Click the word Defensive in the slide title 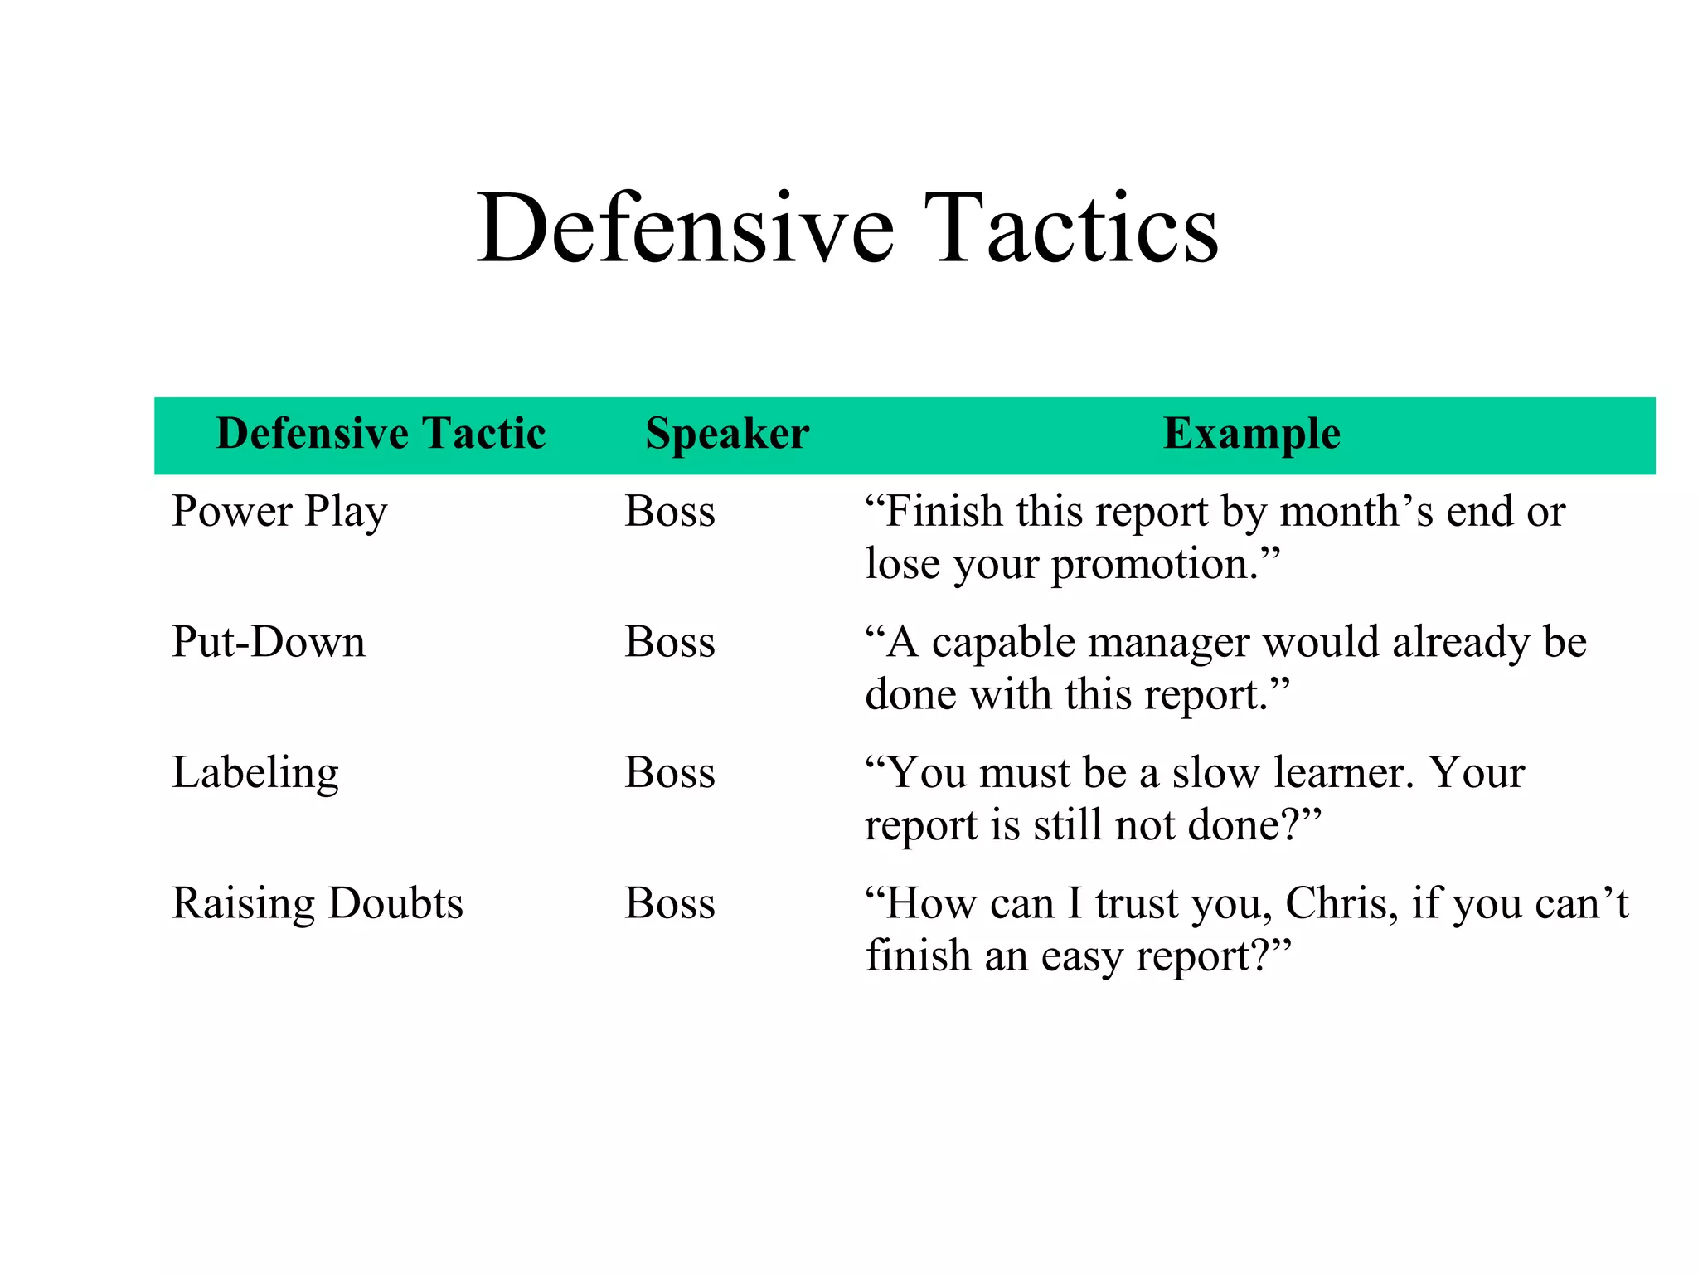pyautogui.click(x=685, y=228)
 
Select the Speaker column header pyautogui.click(x=727, y=434)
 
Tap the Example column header pyautogui.click(x=1252, y=434)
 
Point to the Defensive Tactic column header pyautogui.click(x=381, y=434)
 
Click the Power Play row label pyautogui.click(x=279, y=511)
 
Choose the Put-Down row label pyautogui.click(x=268, y=642)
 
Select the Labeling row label pyautogui.click(x=255, y=773)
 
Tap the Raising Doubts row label pyautogui.click(x=317, y=903)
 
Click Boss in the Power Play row pyautogui.click(x=670, y=511)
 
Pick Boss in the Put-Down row pyautogui.click(x=670, y=642)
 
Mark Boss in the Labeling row pyautogui.click(x=670, y=773)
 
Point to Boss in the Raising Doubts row pyautogui.click(x=670, y=903)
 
